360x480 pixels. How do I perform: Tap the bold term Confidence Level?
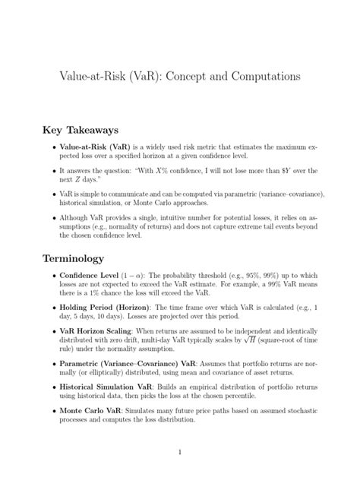pyautogui.click(x=91, y=277)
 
